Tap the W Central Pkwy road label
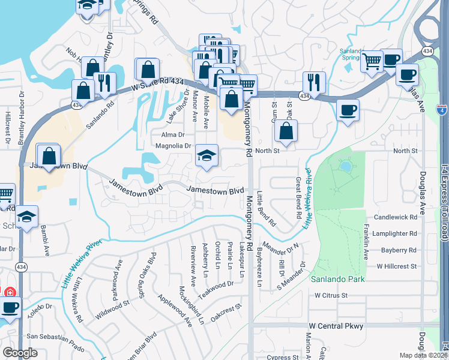tap(336, 326)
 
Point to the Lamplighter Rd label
tap(394, 233)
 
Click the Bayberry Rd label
tap(399, 250)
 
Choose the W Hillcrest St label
tap(396, 266)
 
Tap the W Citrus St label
tap(331, 295)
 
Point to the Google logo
tap(20, 353)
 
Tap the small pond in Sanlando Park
tap(345, 166)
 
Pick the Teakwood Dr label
tap(217, 286)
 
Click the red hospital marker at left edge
tap(8, 293)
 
